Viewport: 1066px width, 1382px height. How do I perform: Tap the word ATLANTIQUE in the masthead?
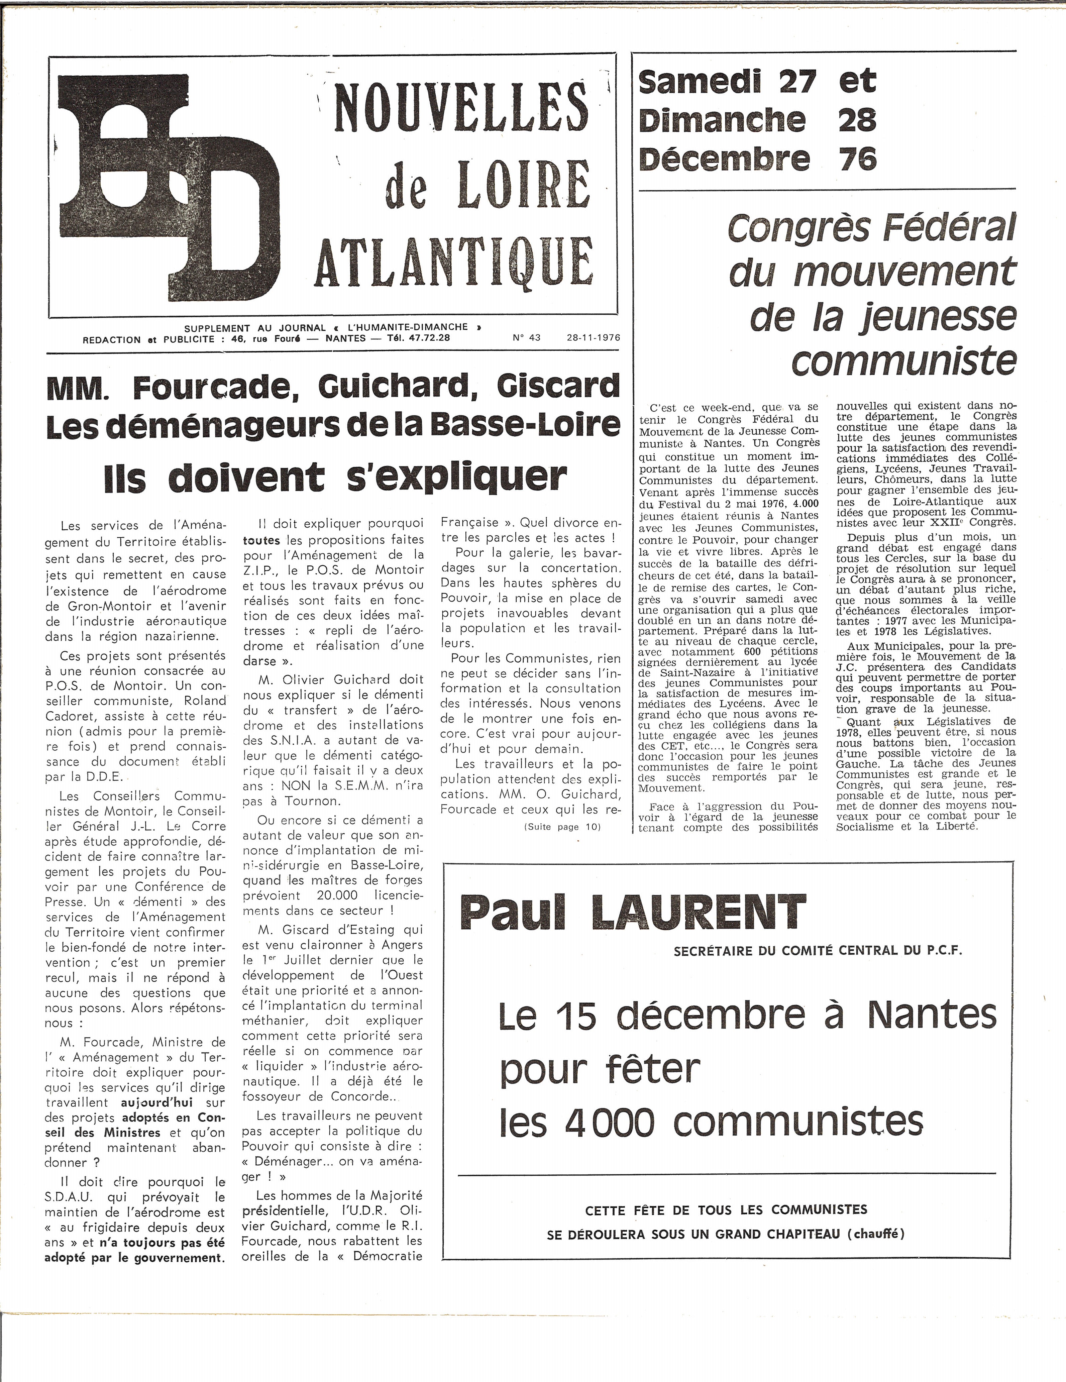[x=454, y=261]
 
